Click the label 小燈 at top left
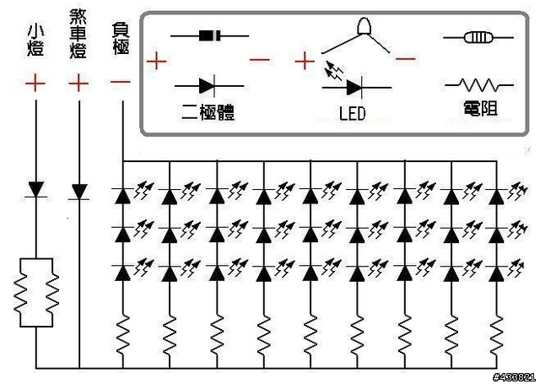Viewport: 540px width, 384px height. [35, 41]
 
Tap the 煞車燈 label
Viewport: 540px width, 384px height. [78, 34]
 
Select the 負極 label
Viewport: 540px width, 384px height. [121, 39]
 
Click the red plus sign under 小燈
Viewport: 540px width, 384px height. [35, 83]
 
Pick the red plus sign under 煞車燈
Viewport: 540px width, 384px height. [78, 83]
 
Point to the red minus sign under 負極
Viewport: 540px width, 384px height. [121, 82]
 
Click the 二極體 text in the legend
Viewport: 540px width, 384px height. [208, 111]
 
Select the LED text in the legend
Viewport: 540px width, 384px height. [352, 114]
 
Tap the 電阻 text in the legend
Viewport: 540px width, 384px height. [480, 109]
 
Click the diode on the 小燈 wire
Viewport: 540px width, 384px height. [35, 190]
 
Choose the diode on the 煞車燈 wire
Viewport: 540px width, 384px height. [79, 192]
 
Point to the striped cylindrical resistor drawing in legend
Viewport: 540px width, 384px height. [478, 37]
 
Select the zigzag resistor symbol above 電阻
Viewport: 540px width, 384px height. [478, 84]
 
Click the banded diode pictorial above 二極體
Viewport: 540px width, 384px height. [210, 35]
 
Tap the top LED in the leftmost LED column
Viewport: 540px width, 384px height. [122, 196]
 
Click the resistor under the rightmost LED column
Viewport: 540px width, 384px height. [497, 335]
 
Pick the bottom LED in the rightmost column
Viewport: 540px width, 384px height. [497, 273]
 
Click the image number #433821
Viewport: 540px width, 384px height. [514, 377]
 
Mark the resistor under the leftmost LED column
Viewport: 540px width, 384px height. [122, 335]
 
